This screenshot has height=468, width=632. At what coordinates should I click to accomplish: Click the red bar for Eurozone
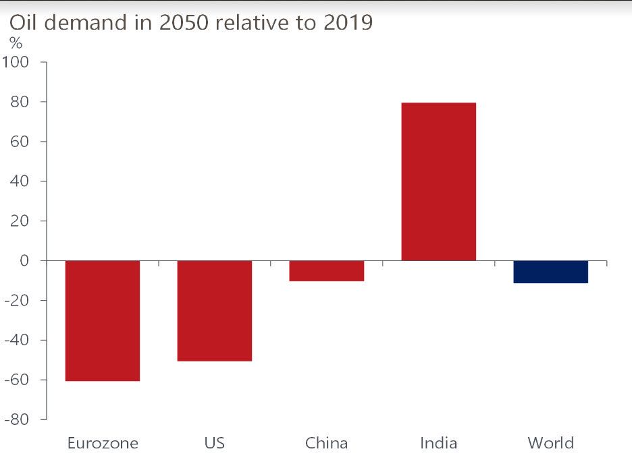pos(102,321)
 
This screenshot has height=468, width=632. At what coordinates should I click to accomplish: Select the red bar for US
pos(214,311)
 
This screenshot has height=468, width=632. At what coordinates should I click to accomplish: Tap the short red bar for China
pos(326,271)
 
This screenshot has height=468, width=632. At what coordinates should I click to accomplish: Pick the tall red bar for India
pos(438,181)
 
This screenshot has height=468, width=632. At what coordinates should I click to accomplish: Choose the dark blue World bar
pos(550,272)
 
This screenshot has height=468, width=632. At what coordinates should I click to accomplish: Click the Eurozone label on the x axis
pos(103,443)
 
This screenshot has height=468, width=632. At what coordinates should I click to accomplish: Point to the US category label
pos(214,443)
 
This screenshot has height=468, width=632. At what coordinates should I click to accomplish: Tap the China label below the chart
pos(326,443)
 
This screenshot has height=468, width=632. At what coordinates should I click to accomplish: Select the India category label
pos(438,443)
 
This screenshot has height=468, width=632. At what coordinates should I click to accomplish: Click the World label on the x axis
pos(550,443)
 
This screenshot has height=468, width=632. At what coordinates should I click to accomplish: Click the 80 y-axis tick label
pos(18,103)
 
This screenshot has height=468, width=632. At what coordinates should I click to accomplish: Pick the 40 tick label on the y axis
pos(18,181)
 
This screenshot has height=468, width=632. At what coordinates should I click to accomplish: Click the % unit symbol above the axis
pos(15,43)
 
